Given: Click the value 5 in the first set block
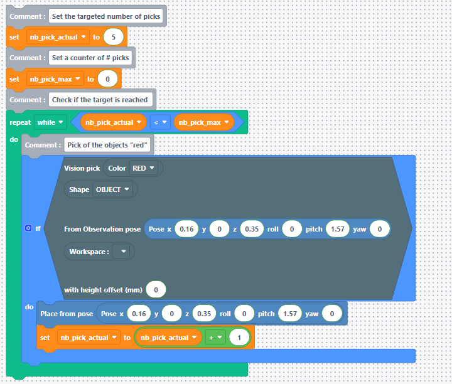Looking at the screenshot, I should tap(113, 37).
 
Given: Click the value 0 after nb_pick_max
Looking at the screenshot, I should tap(108, 79).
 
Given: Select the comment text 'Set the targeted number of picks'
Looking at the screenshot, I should tap(105, 16).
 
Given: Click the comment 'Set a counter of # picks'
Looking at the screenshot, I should tap(90, 58).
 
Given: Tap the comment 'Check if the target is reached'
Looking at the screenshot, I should tap(100, 100).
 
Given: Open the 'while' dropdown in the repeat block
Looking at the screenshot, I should tap(51, 122).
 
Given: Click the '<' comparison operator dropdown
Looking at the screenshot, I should tap(159, 122).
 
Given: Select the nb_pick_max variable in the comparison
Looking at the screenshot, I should tap(203, 122).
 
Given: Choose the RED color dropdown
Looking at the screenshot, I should tap(143, 168).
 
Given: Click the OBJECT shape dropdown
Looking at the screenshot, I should tap(113, 189).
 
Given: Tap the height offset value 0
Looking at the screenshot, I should tap(156, 289).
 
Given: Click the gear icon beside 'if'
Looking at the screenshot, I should tap(28, 228).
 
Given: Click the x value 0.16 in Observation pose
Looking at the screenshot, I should tap(186, 229).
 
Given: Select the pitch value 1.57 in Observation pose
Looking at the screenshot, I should tap(337, 229).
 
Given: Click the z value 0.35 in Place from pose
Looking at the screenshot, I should tap(205, 313).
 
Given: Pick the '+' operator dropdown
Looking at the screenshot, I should tap(216, 338).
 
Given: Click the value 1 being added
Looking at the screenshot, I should tap(239, 338).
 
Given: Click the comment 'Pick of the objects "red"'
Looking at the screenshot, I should tap(107, 145).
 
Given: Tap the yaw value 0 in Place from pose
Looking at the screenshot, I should tap(332, 313).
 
